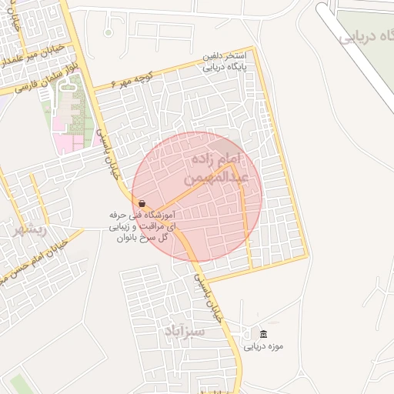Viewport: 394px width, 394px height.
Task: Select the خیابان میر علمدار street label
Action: (x=28, y=55)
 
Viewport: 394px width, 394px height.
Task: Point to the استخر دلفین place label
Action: (x=224, y=57)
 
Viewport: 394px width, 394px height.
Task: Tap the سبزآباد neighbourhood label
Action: (x=185, y=331)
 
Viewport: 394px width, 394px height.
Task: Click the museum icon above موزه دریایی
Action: (x=264, y=333)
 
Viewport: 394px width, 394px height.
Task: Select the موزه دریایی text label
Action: (x=264, y=346)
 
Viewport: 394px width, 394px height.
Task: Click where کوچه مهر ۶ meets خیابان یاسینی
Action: (x=94, y=91)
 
